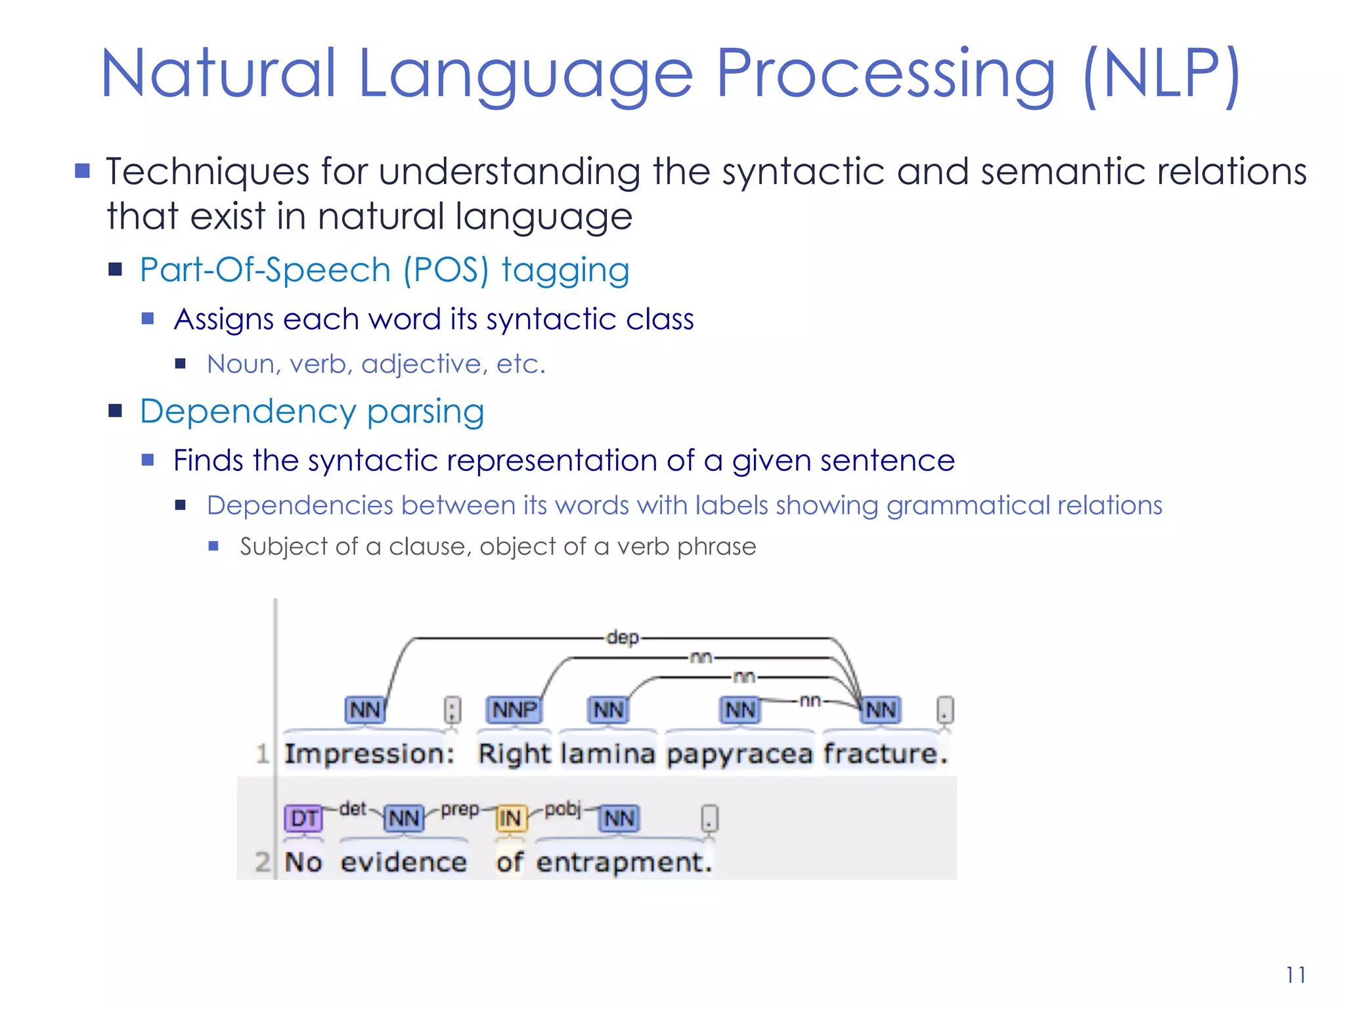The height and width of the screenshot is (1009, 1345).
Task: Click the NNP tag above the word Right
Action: pos(514,709)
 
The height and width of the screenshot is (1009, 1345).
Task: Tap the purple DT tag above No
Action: pos(303,818)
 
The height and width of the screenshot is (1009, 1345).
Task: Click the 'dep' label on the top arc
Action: pos(622,637)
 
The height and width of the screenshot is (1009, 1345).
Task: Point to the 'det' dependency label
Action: pos(353,809)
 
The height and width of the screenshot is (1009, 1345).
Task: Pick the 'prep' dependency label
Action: pos(460,809)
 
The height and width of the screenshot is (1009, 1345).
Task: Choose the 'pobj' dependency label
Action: pos(563,809)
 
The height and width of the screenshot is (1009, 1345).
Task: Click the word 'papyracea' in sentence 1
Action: pos(739,754)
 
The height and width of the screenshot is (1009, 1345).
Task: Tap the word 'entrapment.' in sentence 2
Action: pos(623,862)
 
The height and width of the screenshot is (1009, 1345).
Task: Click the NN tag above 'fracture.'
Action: pos(881,709)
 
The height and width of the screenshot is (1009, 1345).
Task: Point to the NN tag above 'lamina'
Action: pos(608,709)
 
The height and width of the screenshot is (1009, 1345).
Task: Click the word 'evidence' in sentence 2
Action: pos(403,862)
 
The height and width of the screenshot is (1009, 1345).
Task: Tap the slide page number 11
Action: pos(1295,975)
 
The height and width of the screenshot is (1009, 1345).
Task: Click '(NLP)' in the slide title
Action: pos(1161,74)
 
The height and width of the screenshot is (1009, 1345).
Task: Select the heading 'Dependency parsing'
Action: pos(312,412)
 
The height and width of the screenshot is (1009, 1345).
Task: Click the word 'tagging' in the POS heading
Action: pos(565,271)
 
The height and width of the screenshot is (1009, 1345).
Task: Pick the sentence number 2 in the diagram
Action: pos(262,861)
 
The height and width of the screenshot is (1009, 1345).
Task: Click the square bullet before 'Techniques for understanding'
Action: pos(82,171)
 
